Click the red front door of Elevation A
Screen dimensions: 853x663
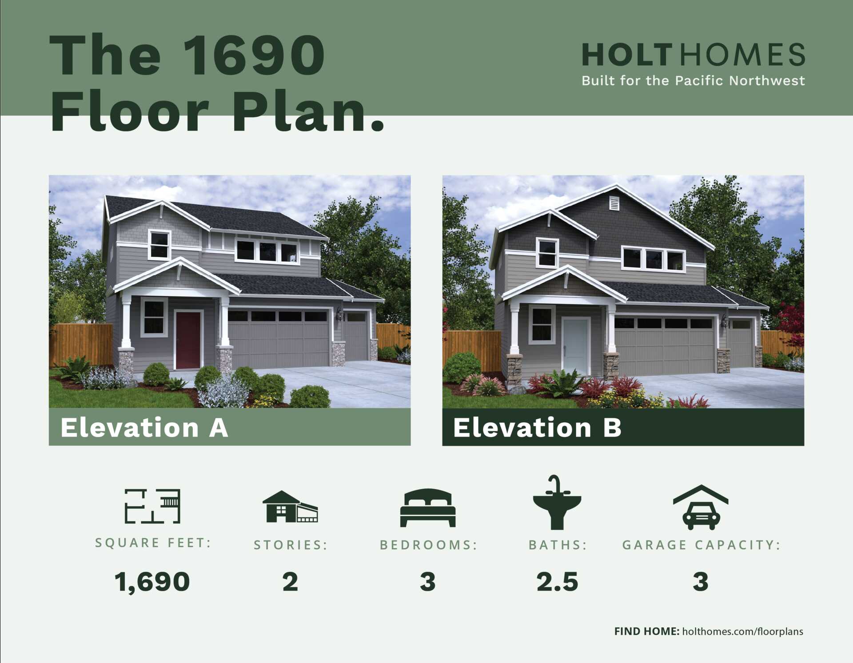pos(188,340)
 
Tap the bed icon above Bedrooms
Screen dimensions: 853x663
pos(428,508)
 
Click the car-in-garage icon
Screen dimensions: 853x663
pos(701,507)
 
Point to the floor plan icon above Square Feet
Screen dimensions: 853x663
pos(152,506)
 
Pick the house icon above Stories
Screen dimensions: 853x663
pos(290,506)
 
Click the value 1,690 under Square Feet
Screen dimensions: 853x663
pos(152,582)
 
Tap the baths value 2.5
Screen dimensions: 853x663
pos(558,582)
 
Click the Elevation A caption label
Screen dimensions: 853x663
pos(144,427)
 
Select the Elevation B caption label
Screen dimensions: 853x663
pos(538,427)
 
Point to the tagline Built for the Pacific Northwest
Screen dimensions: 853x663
pos(694,80)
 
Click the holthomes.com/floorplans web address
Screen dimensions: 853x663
pos(743,631)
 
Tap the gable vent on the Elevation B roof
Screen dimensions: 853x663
pos(614,203)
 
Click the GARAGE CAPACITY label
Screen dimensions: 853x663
pos(701,545)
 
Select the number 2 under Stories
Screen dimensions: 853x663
pos(290,582)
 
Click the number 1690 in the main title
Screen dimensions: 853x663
pos(254,55)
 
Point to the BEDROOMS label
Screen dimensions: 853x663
pos(428,545)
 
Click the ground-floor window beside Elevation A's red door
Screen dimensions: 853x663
pos(154,317)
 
